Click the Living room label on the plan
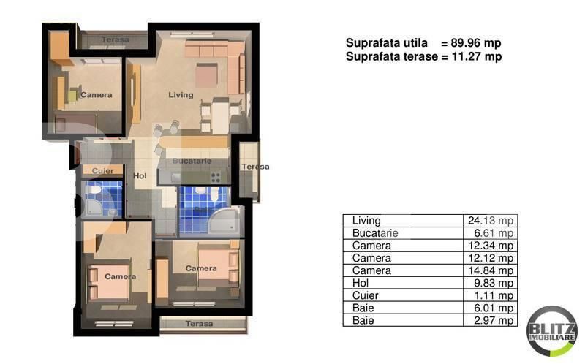pyautogui.click(x=181, y=95)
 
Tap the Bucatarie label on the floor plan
pyautogui.click(x=192, y=161)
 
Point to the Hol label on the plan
pyautogui.click(x=140, y=175)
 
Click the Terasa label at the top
pyautogui.click(x=116, y=39)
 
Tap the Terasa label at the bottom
pyautogui.click(x=199, y=323)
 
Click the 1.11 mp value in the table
pyautogui.click(x=494, y=295)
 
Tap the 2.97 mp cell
pyautogui.click(x=494, y=320)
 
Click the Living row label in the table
pyautogui.click(x=366, y=221)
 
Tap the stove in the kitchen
pyautogui.click(x=216, y=176)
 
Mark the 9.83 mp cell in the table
pyautogui.click(x=494, y=283)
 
